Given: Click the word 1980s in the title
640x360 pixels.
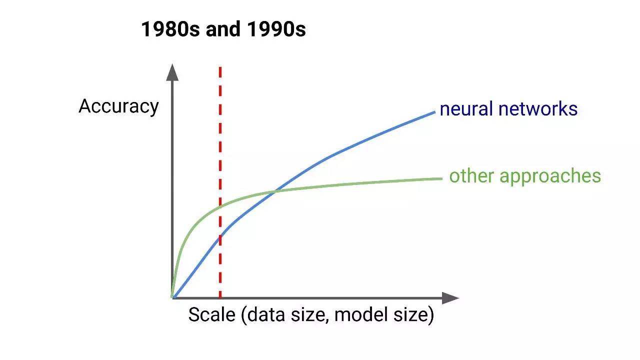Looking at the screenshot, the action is (x=170, y=29).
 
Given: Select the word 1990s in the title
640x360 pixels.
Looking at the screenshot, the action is (x=276, y=29).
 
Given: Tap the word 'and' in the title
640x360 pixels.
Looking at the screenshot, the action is (x=223, y=29).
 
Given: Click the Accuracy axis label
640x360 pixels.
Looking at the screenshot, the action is (x=118, y=107).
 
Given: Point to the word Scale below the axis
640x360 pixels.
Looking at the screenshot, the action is (x=212, y=314).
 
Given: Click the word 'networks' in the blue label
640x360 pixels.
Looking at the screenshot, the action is (x=538, y=109).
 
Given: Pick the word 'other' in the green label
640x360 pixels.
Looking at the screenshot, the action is (x=471, y=175).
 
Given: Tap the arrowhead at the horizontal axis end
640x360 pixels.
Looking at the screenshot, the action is (x=450, y=298).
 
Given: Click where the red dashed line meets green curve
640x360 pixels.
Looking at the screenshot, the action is (x=220, y=206).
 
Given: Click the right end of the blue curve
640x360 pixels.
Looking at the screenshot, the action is (x=435, y=112).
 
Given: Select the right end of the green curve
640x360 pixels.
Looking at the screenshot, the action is (x=442, y=178).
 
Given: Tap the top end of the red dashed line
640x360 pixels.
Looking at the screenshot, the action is (x=220, y=67).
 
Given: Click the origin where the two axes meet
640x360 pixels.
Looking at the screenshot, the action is (x=172, y=298).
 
